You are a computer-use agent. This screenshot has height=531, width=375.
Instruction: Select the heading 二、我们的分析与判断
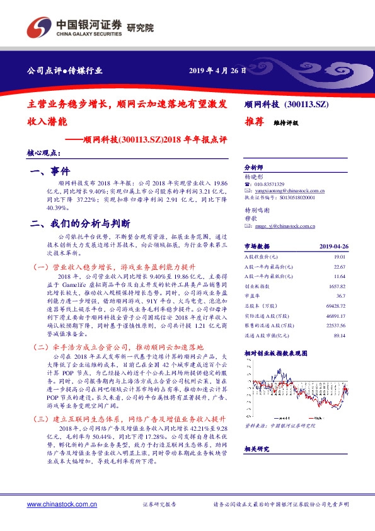tap(81, 223)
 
